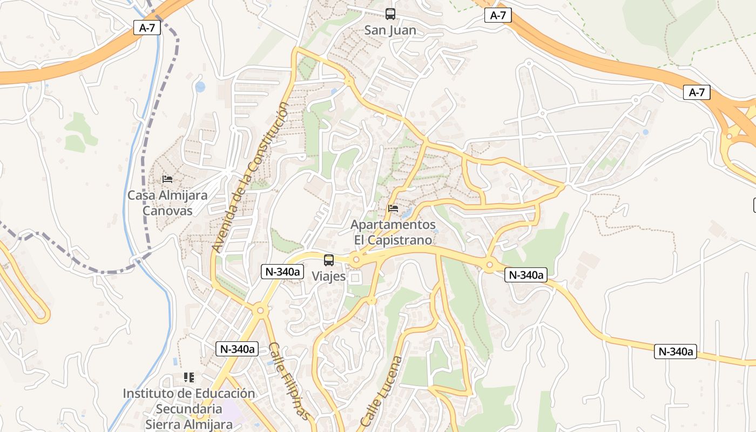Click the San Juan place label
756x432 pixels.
[x=390, y=30]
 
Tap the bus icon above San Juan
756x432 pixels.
[x=390, y=14]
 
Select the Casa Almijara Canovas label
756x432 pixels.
[x=167, y=202]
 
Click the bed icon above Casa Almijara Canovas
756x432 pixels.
[x=167, y=179]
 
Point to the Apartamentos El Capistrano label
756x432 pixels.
[x=393, y=232]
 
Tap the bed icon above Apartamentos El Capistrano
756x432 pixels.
[x=393, y=208]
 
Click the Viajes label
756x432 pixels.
[x=328, y=276]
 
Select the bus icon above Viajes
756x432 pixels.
[x=328, y=260]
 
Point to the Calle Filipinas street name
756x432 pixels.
[x=290, y=381]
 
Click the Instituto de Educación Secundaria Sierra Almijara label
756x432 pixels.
[x=188, y=409]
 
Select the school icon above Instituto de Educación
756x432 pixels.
[x=188, y=377]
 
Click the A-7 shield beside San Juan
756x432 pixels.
[x=498, y=15]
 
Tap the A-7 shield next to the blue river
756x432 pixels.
[x=147, y=28]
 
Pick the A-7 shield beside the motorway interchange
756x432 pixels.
[x=697, y=92]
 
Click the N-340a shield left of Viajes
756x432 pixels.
[x=281, y=272]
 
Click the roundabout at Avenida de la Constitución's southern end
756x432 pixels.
[x=260, y=310]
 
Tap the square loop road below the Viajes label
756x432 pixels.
[x=355, y=278]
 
